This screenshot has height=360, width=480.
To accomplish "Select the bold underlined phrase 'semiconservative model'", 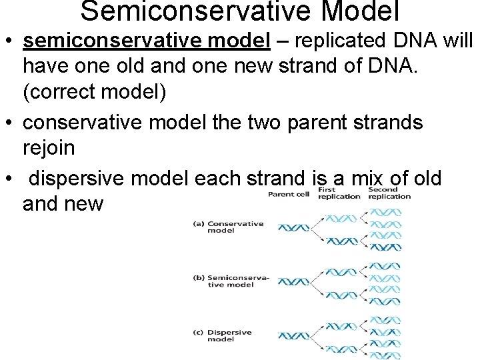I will (146, 41).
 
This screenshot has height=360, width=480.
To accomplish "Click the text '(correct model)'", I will (94, 92).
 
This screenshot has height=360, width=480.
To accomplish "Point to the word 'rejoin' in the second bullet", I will (49, 148).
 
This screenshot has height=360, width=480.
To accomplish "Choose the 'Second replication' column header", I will (389, 193).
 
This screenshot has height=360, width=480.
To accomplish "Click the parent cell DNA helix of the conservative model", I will (293, 228).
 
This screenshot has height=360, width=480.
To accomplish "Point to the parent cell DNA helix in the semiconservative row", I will (293, 282).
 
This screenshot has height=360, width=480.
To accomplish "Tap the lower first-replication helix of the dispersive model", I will (341, 348).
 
